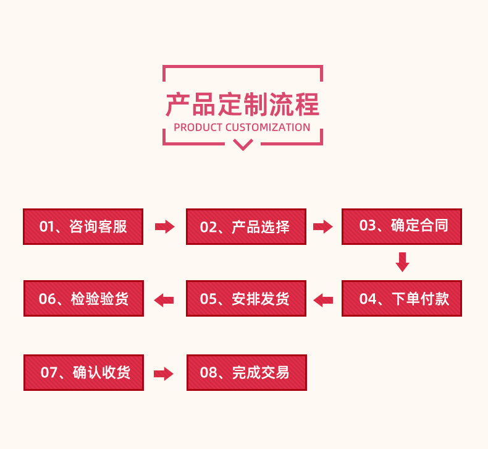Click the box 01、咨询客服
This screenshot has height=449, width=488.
click(x=83, y=226)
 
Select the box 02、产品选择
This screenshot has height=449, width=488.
click(x=246, y=226)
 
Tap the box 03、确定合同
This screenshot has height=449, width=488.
click(x=402, y=226)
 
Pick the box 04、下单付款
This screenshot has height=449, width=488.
click(x=402, y=299)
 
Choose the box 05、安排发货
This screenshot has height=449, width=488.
click(x=246, y=299)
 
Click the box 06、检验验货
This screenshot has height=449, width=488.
click(x=83, y=299)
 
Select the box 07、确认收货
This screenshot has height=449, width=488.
click(x=83, y=372)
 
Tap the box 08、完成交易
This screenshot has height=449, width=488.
click(x=246, y=372)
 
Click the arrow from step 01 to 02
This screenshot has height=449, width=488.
click(x=164, y=227)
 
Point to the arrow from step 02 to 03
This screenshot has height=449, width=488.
click(x=323, y=227)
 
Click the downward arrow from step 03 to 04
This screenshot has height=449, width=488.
click(x=402, y=262)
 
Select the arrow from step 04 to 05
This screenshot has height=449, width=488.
click(x=323, y=301)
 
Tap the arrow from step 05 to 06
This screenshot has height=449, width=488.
click(x=164, y=301)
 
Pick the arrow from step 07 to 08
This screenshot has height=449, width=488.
click(x=164, y=374)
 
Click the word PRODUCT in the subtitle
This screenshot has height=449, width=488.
click(x=198, y=127)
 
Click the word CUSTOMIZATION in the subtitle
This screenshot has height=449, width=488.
click(x=267, y=127)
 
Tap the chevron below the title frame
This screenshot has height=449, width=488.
click(x=243, y=145)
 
